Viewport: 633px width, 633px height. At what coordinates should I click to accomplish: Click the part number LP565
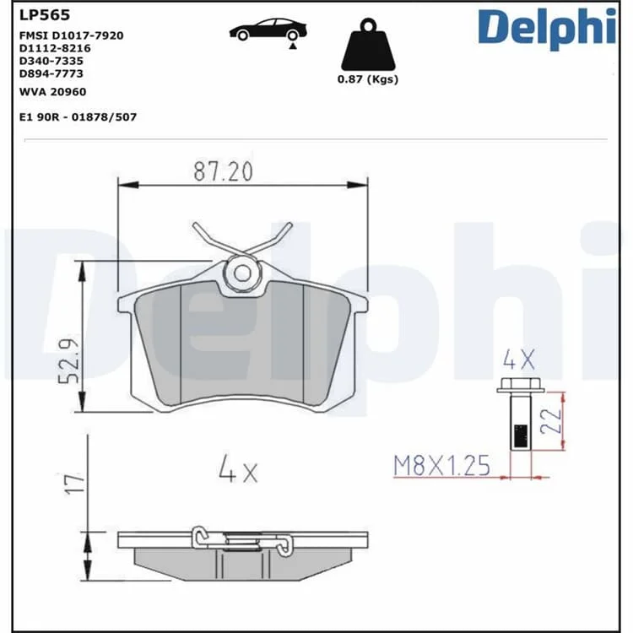pos(45,15)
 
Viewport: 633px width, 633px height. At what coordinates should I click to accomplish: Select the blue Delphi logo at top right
pos(547,28)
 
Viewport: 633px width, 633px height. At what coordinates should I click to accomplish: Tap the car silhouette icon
pos(268,30)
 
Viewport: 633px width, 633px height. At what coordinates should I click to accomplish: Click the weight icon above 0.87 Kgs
pos(368,45)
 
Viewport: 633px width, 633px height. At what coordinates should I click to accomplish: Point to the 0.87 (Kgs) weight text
pos(368,79)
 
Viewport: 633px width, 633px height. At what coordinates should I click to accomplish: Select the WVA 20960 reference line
pos(53,92)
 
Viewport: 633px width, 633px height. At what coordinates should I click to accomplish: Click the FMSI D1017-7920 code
pos(72,35)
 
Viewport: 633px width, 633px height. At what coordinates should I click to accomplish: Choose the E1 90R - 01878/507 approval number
pos(78,117)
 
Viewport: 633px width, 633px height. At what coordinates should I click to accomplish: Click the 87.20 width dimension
pos(223,171)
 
